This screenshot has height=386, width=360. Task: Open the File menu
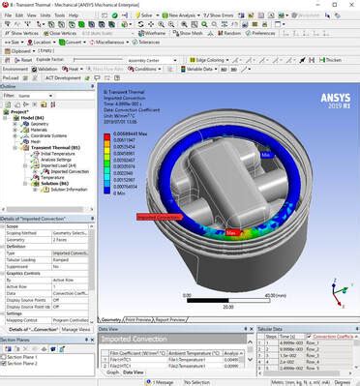coord(8,15)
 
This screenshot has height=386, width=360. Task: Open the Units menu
coord(45,15)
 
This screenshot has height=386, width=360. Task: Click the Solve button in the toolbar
coord(144,15)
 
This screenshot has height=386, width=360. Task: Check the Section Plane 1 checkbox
coord(6,357)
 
